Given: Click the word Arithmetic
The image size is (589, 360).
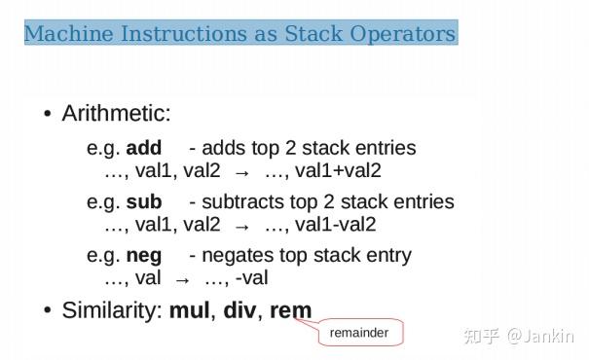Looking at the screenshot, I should [x=116, y=114].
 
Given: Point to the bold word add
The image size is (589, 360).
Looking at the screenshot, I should [x=144, y=149].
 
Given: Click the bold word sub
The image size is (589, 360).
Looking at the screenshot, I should [x=144, y=202].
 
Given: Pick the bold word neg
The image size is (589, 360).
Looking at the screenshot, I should [x=144, y=256].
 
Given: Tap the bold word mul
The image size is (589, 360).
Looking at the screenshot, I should [x=190, y=311].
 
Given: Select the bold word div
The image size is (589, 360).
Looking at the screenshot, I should [x=239, y=311].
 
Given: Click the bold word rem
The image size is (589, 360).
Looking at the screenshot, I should [x=291, y=311].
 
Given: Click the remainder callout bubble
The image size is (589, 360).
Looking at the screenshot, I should [x=359, y=333].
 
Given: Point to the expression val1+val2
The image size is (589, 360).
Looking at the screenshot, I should [x=338, y=171].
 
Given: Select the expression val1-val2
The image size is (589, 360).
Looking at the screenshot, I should [x=335, y=225].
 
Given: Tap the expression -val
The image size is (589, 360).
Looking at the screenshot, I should [x=251, y=278].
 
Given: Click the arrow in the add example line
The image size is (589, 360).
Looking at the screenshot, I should [x=242, y=172].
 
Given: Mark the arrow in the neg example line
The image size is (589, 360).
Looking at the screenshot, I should [x=182, y=279].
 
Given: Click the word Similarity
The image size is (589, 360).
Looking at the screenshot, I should [x=111, y=311].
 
